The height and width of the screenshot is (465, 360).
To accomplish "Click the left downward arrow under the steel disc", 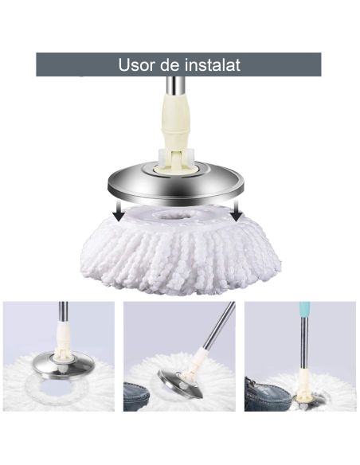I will click(118, 209).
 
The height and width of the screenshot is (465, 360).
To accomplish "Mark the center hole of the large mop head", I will click(179, 216).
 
